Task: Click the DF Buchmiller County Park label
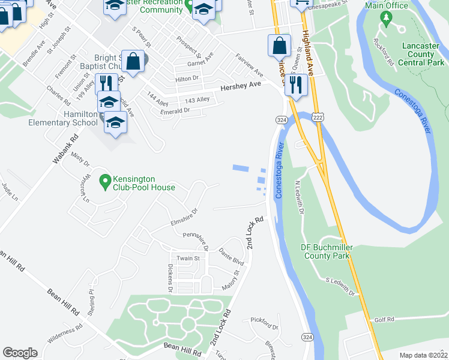[326, 251]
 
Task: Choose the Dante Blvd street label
[231, 257]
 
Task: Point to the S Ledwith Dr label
[341, 287]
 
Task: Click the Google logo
[20, 353]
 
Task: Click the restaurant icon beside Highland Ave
[295, 83]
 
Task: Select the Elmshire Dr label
[184, 214]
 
